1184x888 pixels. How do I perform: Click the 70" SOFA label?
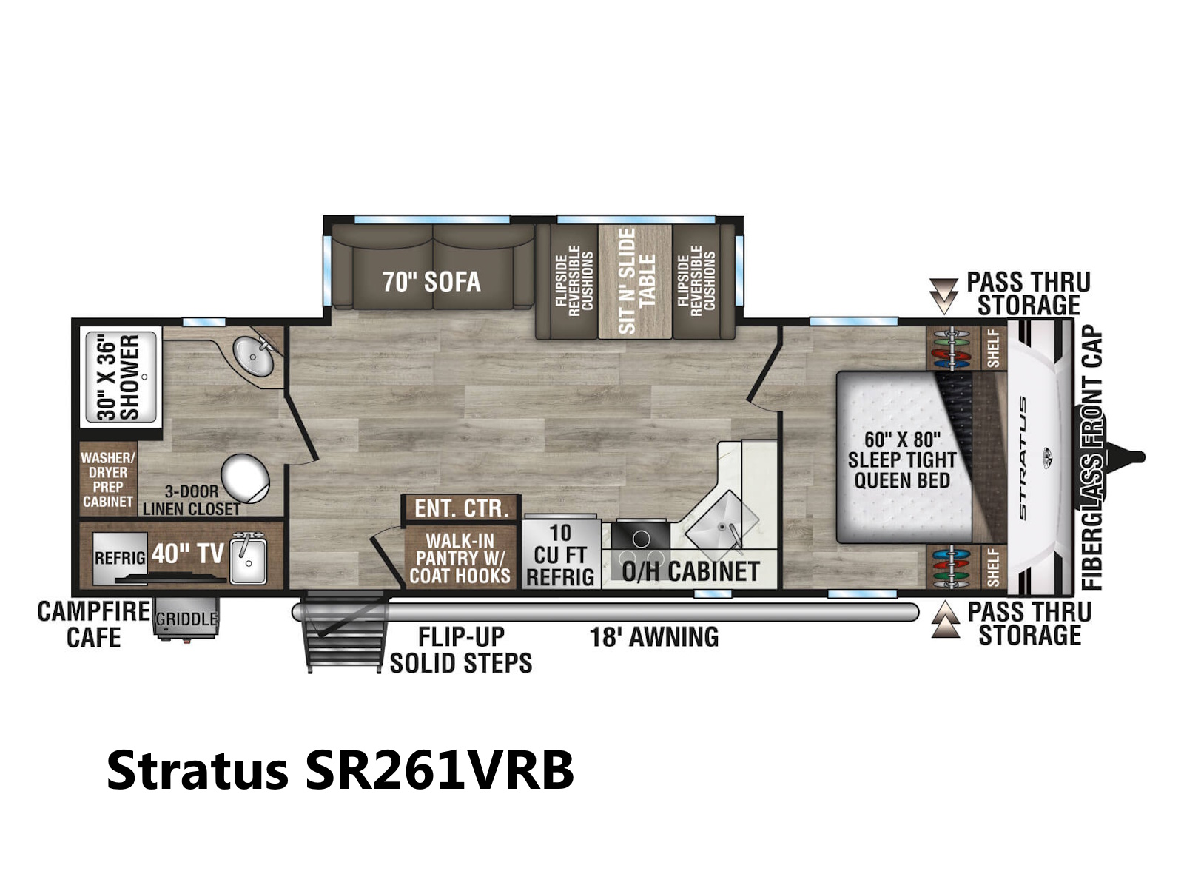(x=431, y=281)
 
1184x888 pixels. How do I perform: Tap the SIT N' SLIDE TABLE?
(x=635, y=281)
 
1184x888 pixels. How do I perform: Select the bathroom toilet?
(x=246, y=478)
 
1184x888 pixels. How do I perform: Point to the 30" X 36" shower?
(x=121, y=377)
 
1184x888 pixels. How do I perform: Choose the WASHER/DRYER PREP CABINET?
(x=108, y=480)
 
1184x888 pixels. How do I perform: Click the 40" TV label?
(x=187, y=554)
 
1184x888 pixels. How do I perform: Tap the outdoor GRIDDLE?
(x=186, y=619)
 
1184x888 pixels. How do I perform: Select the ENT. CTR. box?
(x=461, y=508)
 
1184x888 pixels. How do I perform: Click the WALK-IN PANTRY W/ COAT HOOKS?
(x=460, y=558)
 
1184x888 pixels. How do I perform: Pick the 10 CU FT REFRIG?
(x=560, y=554)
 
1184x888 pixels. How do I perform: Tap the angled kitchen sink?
(x=721, y=522)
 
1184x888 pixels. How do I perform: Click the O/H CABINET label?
(x=690, y=571)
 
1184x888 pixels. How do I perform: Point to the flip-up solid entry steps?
(x=343, y=631)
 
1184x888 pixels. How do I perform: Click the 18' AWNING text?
(x=653, y=637)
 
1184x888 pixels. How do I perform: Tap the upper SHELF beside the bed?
(x=993, y=349)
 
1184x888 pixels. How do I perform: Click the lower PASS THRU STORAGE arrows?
(x=946, y=619)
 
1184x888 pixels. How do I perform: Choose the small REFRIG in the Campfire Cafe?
(x=120, y=559)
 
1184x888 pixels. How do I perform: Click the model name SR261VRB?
(x=439, y=770)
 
